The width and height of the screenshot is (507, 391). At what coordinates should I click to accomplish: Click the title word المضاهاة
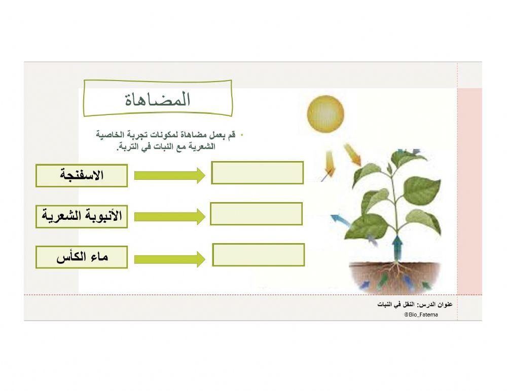tap(158, 100)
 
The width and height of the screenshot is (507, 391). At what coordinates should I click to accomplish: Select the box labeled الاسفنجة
tap(81, 176)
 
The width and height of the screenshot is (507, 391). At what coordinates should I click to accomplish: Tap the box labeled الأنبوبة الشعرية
tap(81, 216)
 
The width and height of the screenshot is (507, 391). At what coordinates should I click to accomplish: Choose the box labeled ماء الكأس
tap(81, 257)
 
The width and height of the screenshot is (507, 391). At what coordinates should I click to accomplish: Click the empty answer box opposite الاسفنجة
tap(257, 173)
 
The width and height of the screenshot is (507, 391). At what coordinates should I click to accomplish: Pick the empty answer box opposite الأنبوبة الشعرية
tap(256, 214)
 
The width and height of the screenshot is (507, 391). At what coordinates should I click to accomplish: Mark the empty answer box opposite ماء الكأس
tap(258, 255)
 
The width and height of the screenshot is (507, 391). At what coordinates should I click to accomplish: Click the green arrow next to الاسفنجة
tap(169, 176)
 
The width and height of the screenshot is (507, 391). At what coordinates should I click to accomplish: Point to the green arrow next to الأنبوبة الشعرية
tap(169, 217)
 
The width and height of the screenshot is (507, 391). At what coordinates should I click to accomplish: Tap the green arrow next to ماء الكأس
tap(169, 259)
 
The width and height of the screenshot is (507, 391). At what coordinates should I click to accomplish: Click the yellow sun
tap(325, 112)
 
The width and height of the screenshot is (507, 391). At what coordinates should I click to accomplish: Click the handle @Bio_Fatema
tap(421, 315)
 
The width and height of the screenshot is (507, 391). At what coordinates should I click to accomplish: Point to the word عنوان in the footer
tap(444, 304)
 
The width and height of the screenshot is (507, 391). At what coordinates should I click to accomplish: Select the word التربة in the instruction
tap(129, 147)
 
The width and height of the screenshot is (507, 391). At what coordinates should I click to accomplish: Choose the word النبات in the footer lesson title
tap(386, 304)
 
